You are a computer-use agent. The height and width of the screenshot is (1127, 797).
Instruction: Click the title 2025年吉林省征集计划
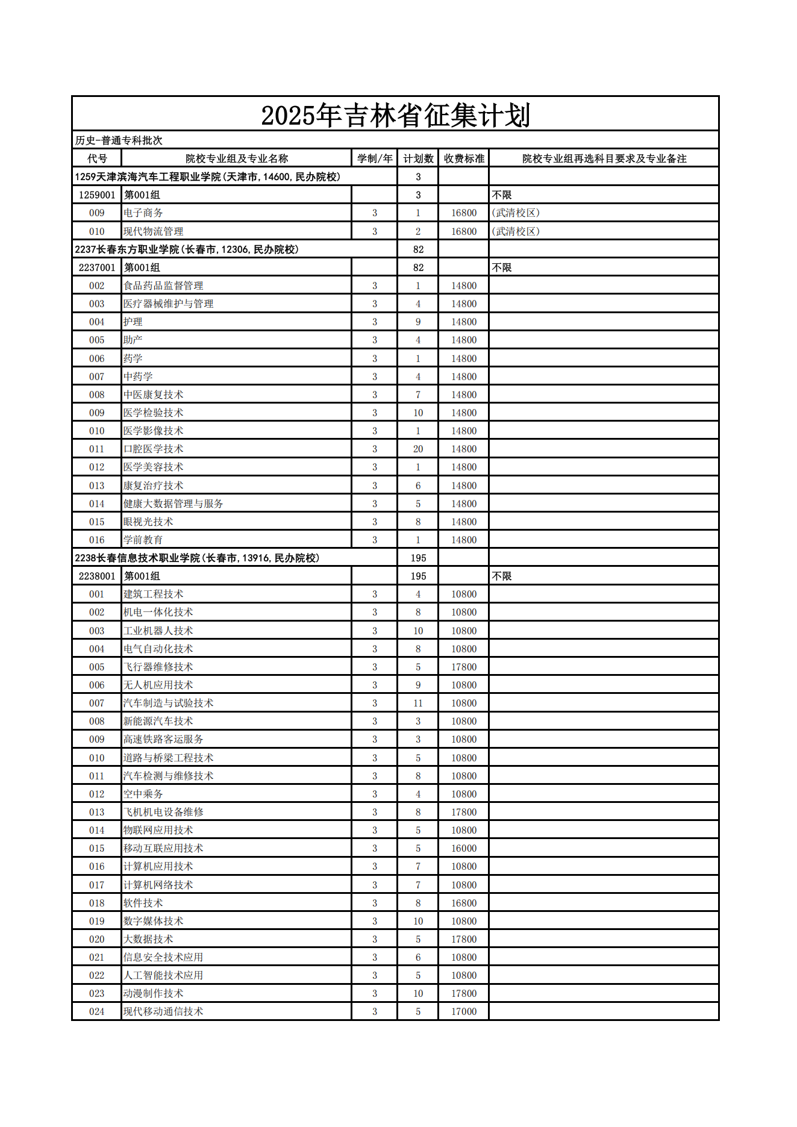click(395, 115)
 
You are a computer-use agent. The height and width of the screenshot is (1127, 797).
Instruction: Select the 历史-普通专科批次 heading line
click(119, 140)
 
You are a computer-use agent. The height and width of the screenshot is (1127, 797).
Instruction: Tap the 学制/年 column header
click(374, 158)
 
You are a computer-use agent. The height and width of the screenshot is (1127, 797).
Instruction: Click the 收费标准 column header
click(463, 158)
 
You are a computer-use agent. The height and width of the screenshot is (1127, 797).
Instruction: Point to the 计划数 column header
click(418, 158)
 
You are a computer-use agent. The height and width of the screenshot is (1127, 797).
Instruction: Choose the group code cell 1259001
click(96, 195)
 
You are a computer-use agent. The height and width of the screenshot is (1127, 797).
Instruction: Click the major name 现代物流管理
click(153, 231)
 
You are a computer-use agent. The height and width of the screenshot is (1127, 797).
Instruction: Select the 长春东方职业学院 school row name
click(187, 249)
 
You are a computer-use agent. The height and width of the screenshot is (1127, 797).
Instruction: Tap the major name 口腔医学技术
click(153, 449)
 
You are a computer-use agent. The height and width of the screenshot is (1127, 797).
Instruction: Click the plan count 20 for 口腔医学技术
click(418, 449)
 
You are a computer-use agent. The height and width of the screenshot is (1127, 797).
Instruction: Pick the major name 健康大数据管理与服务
click(173, 504)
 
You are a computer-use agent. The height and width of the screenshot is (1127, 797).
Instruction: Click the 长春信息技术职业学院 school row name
click(197, 558)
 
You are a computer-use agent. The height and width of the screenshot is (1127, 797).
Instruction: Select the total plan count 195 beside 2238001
click(418, 576)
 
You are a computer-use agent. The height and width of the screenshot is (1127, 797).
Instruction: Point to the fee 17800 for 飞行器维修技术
click(463, 667)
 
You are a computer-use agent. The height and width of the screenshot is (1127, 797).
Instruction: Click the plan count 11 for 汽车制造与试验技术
click(418, 703)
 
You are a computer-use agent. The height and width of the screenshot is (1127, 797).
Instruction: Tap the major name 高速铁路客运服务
click(163, 739)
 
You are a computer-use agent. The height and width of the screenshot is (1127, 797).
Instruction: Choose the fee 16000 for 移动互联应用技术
click(463, 848)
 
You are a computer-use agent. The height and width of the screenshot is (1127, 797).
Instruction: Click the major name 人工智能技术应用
click(163, 975)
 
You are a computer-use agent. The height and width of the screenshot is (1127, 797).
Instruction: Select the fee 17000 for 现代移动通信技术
click(463, 1011)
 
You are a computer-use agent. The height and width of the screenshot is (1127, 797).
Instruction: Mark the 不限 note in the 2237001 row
click(502, 267)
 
